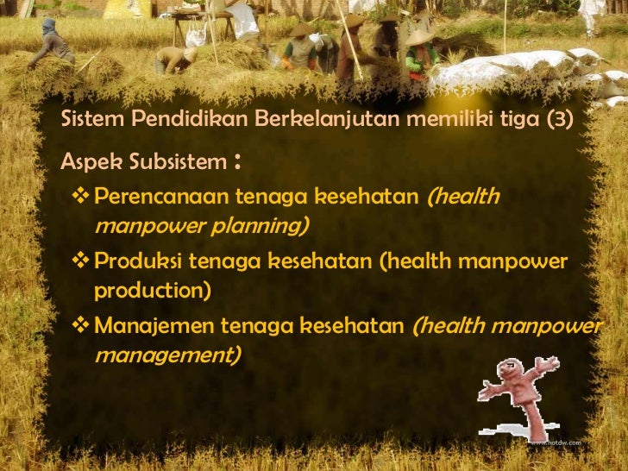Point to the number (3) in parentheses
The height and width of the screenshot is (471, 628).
point(553,119)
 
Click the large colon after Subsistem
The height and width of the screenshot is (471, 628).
point(236,162)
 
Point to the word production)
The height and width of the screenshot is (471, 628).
point(152,290)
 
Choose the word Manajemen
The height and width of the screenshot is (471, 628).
point(154,325)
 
